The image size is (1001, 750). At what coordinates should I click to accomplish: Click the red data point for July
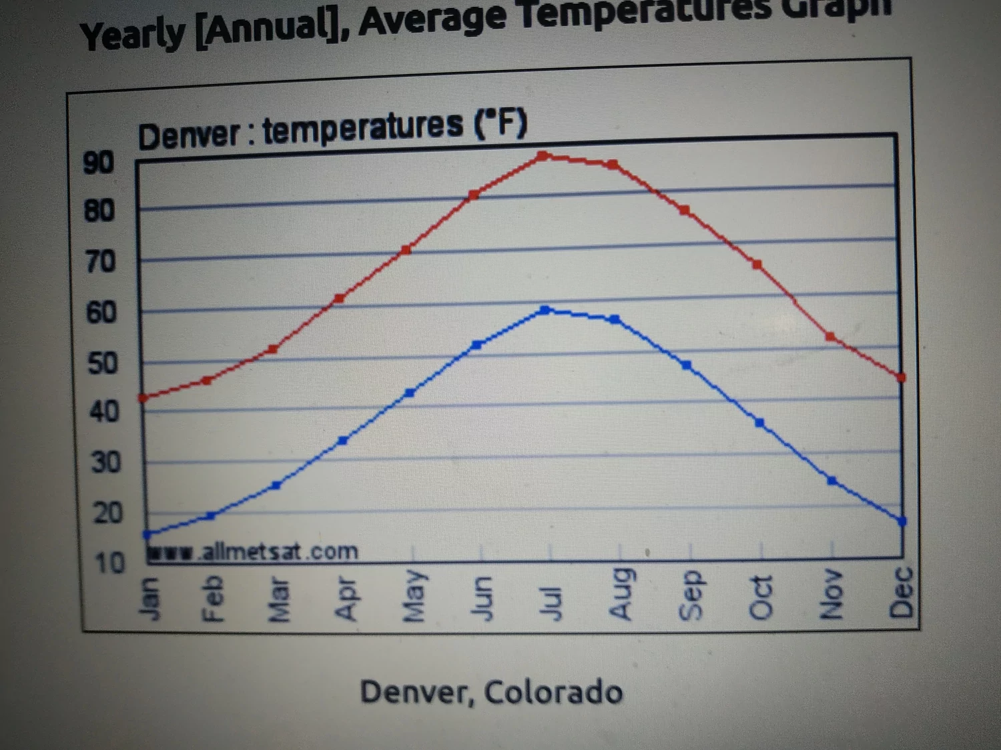pyautogui.click(x=543, y=155)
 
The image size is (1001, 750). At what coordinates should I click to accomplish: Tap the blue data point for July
pyautogui.click(x=545, y=310)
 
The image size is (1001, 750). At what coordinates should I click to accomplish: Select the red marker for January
pyautogui.click(x=142, y=398)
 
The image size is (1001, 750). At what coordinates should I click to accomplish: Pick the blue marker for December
pyautogui.click(x=902, y=521)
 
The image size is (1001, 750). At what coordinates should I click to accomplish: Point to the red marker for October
pyautogui.click(x=757, y=265)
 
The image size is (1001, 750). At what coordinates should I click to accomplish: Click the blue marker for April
pyautogui.click(x=342, y=440)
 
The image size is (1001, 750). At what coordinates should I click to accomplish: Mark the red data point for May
pyautogui.click(x=406, y=250)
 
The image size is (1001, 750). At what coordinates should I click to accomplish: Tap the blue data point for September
pyautogui.click(x=686, y=365)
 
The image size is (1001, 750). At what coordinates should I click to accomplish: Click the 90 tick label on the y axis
pyautogui.click(x=98, y=163)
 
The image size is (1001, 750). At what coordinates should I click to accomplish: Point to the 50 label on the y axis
pyautogui.click(x=102, y=364)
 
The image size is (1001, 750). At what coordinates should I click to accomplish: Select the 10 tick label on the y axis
pyautogui.click(x=109, y=563)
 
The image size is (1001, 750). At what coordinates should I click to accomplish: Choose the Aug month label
pyautogui.click(x=621, y=593)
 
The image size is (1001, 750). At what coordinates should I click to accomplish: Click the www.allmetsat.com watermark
pyautogui.click(x=254, y=552)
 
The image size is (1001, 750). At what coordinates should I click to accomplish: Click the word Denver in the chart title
pyautogui.click(x=188, y=136)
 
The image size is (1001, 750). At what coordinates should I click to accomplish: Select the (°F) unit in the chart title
pyautogui.click(x=500, y=123)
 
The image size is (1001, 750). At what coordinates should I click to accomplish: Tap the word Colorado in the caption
pyautogui.click(x=553, y=692)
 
